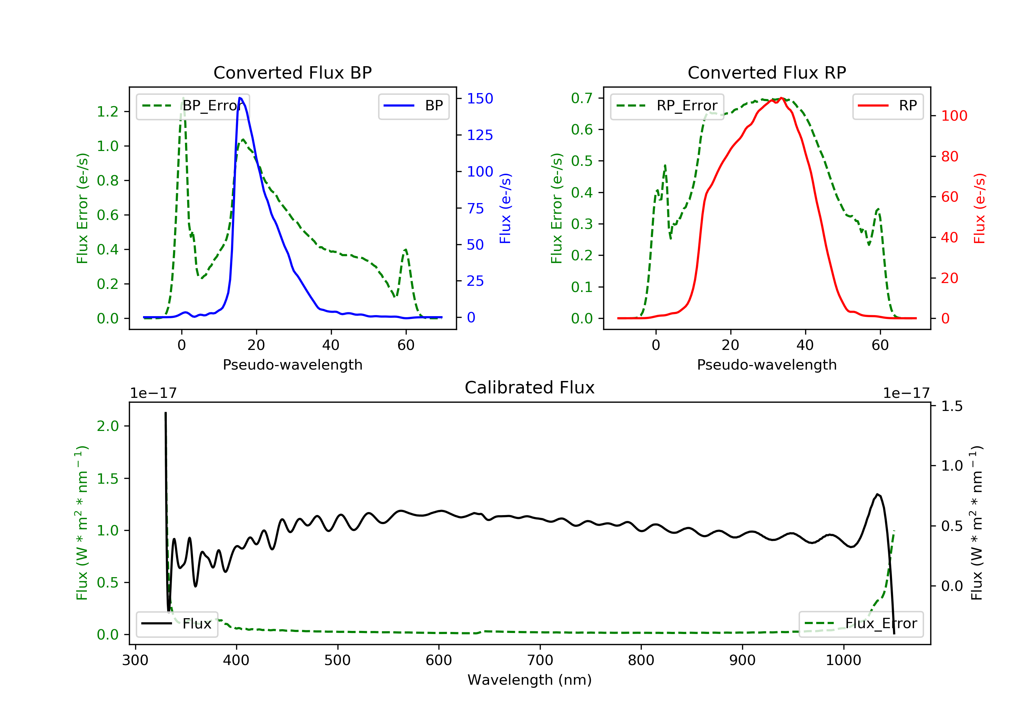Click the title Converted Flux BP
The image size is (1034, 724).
pos(292,72)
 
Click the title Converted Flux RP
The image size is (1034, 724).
pos(767,72)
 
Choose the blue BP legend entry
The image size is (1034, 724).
pos(413,106)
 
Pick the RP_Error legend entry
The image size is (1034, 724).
pos(667,106)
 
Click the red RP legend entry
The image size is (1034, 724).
pos(887,106)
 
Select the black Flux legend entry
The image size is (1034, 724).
pos(176,624)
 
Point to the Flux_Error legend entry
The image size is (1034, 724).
pos(861,624)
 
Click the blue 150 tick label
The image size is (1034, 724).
pos(480,98)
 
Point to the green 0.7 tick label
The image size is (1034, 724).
pos(581,98)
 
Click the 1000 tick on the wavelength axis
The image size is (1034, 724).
pos(843,661)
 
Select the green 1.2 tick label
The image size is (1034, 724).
pos(108,111)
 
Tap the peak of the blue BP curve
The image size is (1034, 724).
pos(240,98)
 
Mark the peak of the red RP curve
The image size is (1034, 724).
pos(781,98)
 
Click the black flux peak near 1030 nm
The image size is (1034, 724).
pos(877,494)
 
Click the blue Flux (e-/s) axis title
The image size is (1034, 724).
pos(505,208)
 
